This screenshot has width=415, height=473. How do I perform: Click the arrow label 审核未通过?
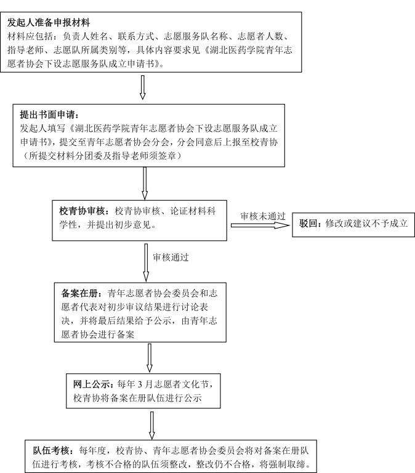pos(263,215)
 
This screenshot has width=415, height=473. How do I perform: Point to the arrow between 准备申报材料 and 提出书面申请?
pos(143,87)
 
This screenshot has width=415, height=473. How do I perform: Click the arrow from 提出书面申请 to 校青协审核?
pos(145,182)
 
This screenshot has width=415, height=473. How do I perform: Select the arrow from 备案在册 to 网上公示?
pos(150,357)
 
